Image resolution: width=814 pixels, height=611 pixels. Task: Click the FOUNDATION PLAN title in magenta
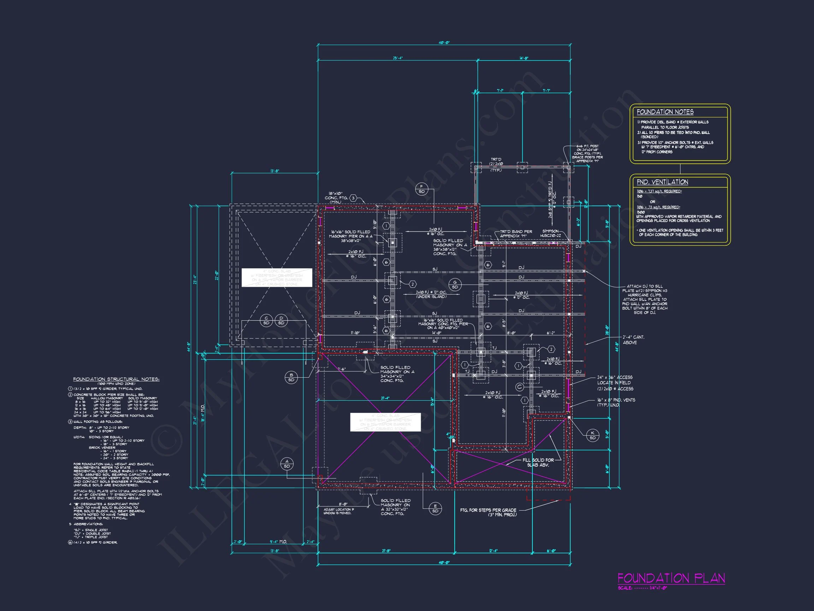[x=671, y=578]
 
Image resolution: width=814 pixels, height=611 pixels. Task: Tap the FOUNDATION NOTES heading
[x=665, y=112]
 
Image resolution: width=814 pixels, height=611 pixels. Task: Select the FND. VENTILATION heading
[x=662, y=182]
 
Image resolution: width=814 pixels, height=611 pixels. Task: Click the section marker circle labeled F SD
[x=421, y=189]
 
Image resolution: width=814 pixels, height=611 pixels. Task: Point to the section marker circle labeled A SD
[x=287, y=464]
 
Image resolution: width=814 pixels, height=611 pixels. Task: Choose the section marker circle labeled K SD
[x=592, y=435]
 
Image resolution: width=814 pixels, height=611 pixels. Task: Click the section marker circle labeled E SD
[x=435, y=508]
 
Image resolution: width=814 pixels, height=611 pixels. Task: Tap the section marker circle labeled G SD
[x=455, y=285]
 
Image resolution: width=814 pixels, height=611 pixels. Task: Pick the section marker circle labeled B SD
[x=291, y=378]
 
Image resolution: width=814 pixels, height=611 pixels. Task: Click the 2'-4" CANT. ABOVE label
[x=633, y=339]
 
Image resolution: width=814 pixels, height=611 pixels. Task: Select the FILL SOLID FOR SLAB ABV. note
[x=538, y=462]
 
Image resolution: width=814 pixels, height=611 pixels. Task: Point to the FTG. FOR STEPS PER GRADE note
[x=488, y=512]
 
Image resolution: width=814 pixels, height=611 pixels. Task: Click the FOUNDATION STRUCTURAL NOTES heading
[x=116, y=379]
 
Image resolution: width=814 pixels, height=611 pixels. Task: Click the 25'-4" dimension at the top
[x=397, y=58]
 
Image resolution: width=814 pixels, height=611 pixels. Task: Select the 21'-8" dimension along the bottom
[x=386, y=551]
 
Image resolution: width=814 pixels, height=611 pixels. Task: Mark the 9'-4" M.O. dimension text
[x=278, y=542]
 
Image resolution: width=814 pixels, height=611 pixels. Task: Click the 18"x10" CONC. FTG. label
[x=334, y=198]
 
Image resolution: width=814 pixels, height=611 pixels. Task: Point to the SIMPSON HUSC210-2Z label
[x=550, y=233]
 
